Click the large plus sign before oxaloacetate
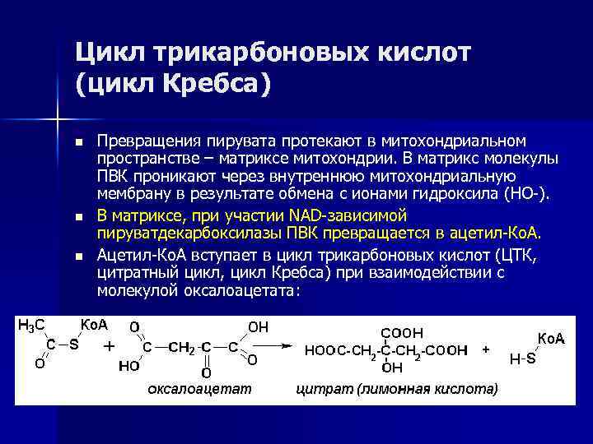109,347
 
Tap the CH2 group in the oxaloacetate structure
182,348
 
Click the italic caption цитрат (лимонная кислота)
396,388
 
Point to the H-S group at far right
522,359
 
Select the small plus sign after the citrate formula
486,349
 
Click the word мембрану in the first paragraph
128,194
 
